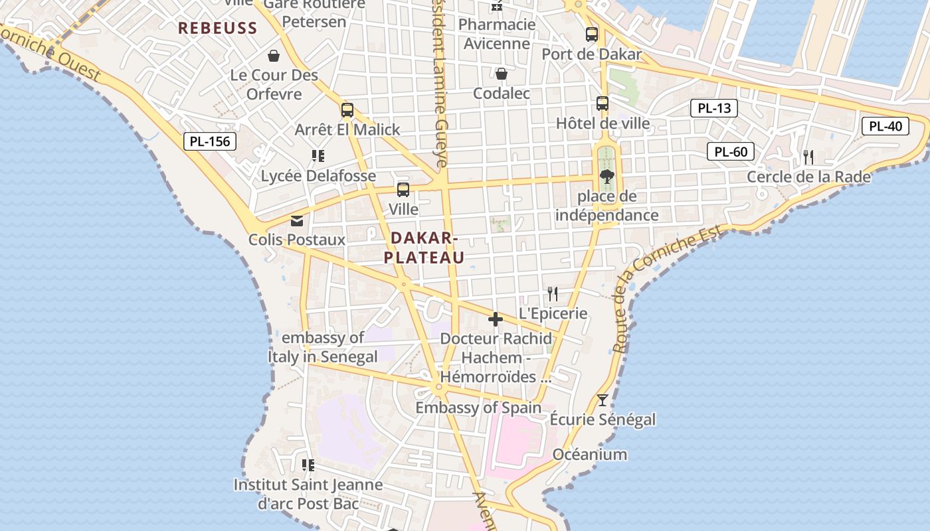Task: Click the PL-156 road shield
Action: click(x=210, y=141)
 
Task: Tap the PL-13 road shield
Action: click(x=714, y=108)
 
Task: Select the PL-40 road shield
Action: click(x=885, y=126)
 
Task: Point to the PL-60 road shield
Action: click(x=731, y=151)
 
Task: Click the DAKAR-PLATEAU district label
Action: click(x=424, y=248)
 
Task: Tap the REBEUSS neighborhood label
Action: click(x=217, y=28)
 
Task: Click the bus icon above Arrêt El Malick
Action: click(x=347, y=110)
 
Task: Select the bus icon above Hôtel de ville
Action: click(x=603, y=104)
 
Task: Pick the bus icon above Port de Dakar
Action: click(x=592, y=35)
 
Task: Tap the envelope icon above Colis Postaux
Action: click(x=297, y=220)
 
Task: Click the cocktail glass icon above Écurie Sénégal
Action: click(x=603, y=400)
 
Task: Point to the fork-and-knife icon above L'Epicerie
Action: click(x=553, y=293)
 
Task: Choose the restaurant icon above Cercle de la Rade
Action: click(x=808, y=157)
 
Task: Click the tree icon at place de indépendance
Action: click(x=606, y=177)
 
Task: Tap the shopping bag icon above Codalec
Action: click(x=502, y=73)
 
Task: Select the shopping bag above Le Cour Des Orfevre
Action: click(x=274, y=56)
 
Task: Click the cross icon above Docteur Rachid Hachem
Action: click(x=496, y=319)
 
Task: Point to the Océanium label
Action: click(x=590, y=455)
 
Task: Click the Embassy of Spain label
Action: click(x=478, y=408)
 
